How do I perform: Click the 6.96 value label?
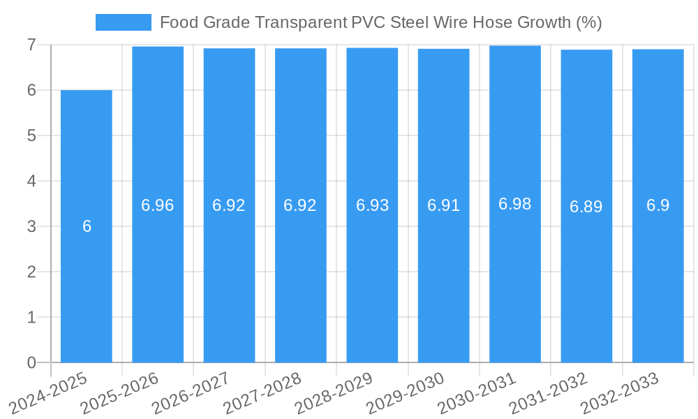pyautogui.click(x=158, y=205)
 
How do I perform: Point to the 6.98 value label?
pyautogui.click(x=515, y=204)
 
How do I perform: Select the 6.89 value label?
pyautogui.click(x=586, y=207)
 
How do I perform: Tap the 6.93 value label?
pyautogui.click(x=372, y=205)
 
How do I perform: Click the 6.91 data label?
pyautogui.click(x=444, y=205)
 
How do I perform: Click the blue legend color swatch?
pyautogui.click(x=124, y=22)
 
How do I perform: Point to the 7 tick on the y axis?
pyautogui.click(x=31, y=45)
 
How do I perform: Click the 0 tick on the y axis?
pyautogui.click(x=31, y=362)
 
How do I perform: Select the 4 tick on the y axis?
pyautogui.click(x=31, y=181)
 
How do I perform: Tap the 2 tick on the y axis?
pyautogui.click(x=31, y=272)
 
